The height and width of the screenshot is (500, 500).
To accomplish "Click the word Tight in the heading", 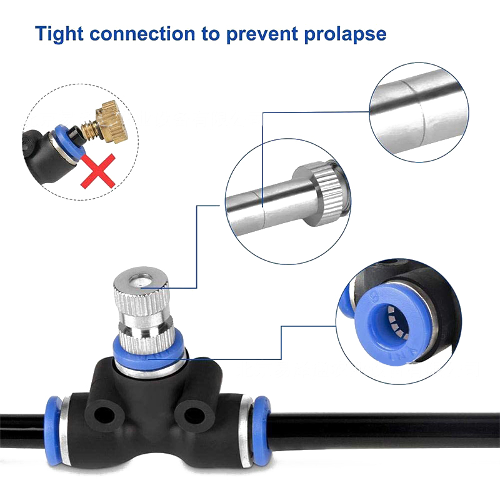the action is tap(59, 34).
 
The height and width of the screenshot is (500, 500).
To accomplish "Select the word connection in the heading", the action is tap(142, 34).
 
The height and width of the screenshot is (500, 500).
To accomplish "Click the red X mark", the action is tap(98, 171).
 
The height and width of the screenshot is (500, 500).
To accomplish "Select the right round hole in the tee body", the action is tap(194, 416).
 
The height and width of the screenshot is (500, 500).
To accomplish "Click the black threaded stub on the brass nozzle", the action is tap(76, 132).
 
